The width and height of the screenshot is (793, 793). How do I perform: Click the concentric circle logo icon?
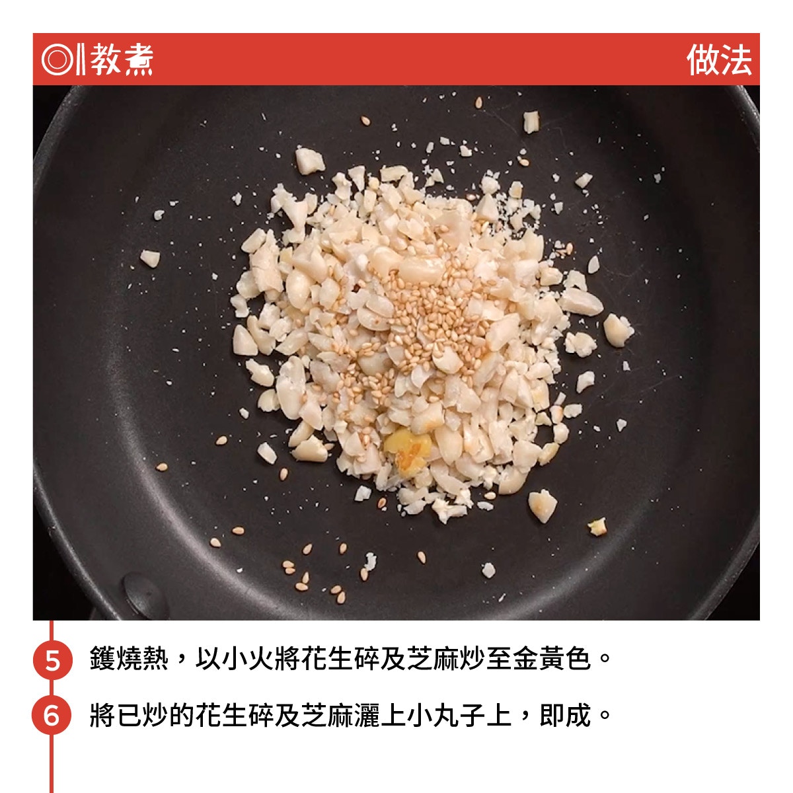[x=57, y=59]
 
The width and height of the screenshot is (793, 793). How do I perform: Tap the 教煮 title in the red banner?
[x=122, y=59]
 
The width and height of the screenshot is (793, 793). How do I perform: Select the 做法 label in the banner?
[x=719, y=60]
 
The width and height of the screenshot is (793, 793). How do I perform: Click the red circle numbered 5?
[x=53, y=659]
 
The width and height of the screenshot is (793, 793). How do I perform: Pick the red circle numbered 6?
[x=52, y=715]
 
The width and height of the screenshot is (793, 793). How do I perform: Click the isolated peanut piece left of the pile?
[x=150, y=258]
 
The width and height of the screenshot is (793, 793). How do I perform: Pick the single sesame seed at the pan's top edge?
[x=478, y=102]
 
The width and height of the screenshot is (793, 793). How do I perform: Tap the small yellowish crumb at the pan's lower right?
[x=597, y=527]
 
